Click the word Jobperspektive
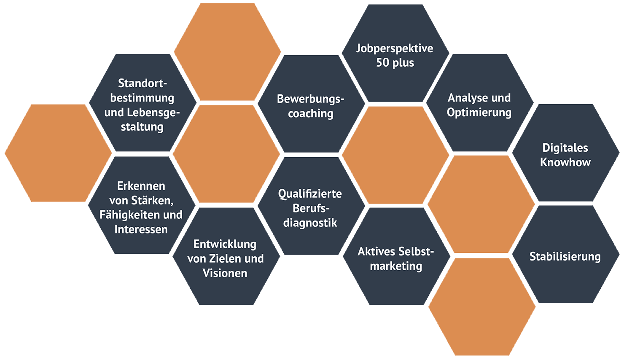(x=395, y=48)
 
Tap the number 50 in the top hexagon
(x=383, y=63)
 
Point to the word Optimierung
(x=479, y=113)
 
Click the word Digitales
(x=565, y=148)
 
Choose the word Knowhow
(x=565, y=162)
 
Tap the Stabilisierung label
(x=565, y=257)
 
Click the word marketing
(x=396, y=266)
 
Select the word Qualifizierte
(x=310, y=194)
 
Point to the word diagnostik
(x=310, y=223)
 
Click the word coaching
(x=310, y=113)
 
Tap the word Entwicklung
(x=225, y=244)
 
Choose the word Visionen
(x=225, y=273)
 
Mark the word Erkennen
(x=141, y=186)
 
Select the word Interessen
(x=141, y=229)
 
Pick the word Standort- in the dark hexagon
(x=142, y=83)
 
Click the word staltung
(x=142, y=126)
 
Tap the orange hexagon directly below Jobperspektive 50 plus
(x=395, y=155)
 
